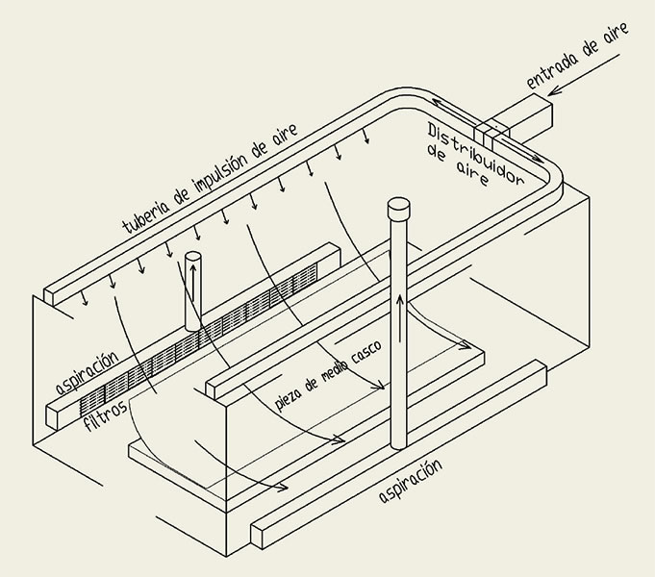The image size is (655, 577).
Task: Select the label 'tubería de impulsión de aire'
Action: pyautogui.click(x=212, y=178)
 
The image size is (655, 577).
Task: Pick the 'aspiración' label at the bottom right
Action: pyautogui.click(x=411, y=481)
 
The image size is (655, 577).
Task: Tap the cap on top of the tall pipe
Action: pyautogui.click(x=398, y=207)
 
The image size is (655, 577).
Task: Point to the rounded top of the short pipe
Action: pyautogui.click(x=193, y=258)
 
